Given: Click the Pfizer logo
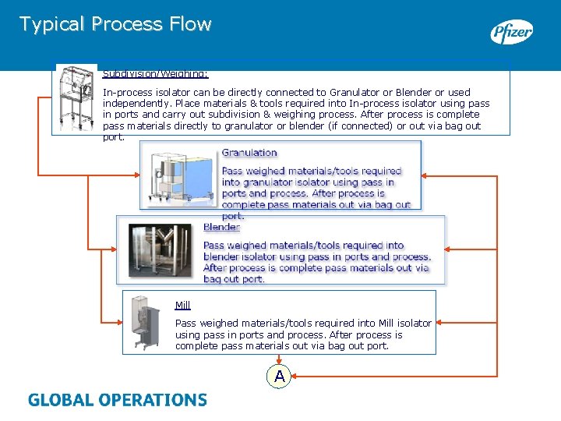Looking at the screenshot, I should (511, 33).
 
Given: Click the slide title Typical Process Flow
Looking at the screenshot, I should (115, 24).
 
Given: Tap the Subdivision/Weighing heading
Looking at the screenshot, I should (156, 75).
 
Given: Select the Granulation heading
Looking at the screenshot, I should (249, 153).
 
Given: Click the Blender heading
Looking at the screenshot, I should (221, 227).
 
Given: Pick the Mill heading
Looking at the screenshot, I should (182, 305).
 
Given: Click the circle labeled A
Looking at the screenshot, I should (279, 377).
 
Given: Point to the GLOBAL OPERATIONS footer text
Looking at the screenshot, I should (118, 400).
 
